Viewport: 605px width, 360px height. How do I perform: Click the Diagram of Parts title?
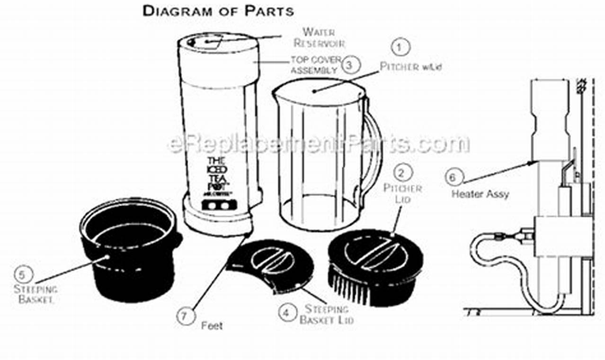pos(218,11)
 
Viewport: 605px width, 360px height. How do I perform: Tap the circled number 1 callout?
pos(400,47)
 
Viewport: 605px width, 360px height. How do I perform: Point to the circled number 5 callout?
pos(23,274)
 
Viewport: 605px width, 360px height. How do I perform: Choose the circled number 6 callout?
pos(453,178)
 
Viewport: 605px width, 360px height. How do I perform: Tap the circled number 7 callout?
pos(185,316)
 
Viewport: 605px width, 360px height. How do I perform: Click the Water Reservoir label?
pos(319,37)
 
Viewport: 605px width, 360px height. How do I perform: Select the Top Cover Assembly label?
pos(315,65)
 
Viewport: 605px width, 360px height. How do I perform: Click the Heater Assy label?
pos(480,194)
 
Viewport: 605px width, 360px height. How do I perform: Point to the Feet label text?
pos(212,326)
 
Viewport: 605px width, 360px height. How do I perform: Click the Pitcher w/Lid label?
pos(410,67)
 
